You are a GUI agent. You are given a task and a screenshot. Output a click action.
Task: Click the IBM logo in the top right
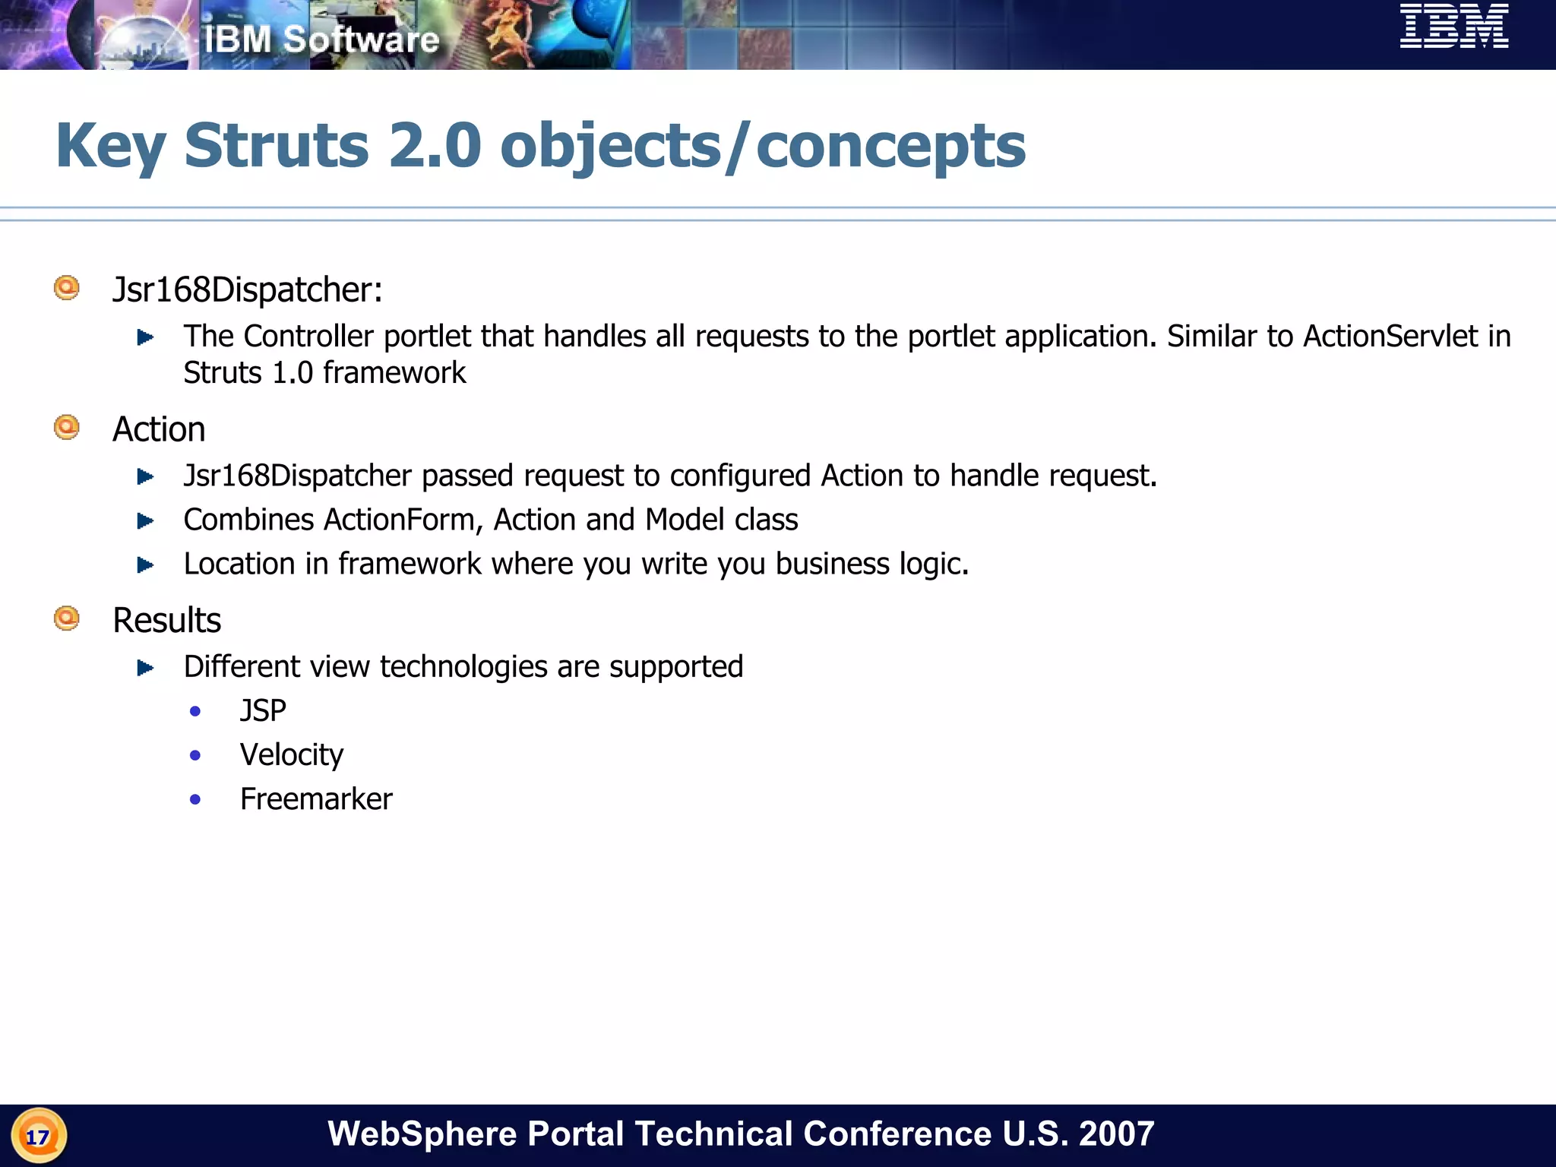1453,27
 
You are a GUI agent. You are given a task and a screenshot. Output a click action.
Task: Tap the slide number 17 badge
38,1136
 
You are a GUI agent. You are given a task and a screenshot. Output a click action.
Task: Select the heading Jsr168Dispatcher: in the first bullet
247,289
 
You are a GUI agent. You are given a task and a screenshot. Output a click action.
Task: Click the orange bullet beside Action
67,427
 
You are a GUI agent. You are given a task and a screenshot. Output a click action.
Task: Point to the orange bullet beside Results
67,618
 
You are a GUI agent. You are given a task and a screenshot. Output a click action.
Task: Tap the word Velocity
292,754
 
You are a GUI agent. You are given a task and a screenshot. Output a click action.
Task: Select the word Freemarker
316,799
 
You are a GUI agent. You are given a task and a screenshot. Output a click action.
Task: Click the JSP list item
263,710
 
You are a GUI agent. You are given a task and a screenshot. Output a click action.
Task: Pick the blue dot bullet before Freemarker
195,799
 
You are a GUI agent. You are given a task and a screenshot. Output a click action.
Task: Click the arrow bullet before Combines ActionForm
145,520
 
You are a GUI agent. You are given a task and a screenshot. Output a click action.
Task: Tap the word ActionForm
403,520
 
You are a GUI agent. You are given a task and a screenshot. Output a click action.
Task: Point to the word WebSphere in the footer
422,1134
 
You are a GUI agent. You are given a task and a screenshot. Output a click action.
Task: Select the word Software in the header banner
361,40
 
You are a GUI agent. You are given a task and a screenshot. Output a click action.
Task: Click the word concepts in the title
890,145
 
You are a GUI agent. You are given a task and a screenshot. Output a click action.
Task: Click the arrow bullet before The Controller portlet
145,337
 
